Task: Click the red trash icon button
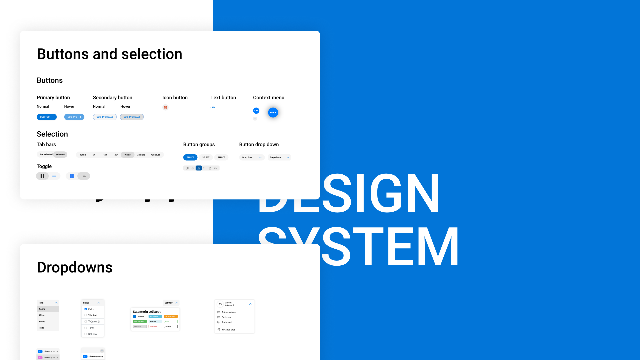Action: [x=165, y=107]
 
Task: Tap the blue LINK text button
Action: [x=213, y=107]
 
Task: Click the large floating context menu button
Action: [x=273, y=113]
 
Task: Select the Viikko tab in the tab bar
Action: [x=128, y=155]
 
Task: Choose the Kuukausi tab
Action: [x=155, y=155]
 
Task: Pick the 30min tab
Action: [x=83, y=155]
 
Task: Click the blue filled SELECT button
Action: [x=190, y=157]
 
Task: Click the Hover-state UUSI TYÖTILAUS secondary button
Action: [x=132, y=117]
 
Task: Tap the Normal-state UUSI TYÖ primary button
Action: [x=47, y=117]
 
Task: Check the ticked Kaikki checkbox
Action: [x=86, y=309]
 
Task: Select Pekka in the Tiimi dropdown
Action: [x=42, y=322]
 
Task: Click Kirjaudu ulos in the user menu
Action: [x=229, y=330]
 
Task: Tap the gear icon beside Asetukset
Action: [x=218, y=322]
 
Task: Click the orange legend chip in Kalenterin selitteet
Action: [x=171, y=316]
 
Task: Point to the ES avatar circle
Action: [x=220, y=304]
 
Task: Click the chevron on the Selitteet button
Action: [x=177, y=303]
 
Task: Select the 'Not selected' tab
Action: [x=46, y=155]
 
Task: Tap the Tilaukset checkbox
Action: [x=86, y=315]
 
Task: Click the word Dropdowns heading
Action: [x=75, y=267]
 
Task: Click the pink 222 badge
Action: [x=40, y=357]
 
